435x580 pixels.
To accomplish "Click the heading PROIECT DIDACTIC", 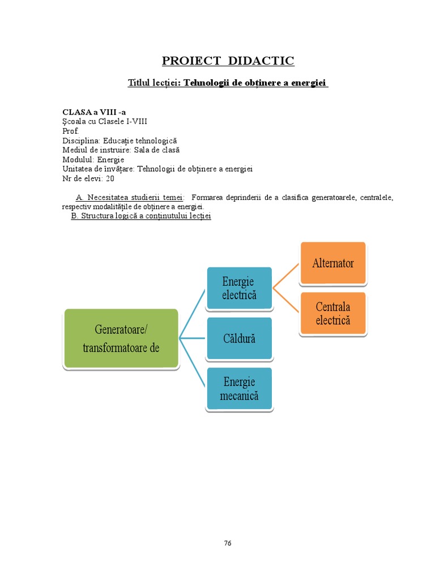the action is coord(228,61).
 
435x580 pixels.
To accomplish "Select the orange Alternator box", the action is coord(333,263).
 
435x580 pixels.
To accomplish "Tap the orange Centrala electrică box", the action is coord(333,313).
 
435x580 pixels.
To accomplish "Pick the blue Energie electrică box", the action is coord(239,288).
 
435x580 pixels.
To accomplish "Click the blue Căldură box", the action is coord(239,339).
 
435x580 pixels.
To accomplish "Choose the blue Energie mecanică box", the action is coord(239,389).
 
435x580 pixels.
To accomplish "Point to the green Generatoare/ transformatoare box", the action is coord(121,339).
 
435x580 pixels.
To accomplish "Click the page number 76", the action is coord(228,543).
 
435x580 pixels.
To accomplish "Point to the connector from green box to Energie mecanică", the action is coord(193,364).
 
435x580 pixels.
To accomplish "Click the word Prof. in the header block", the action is coord(71,131).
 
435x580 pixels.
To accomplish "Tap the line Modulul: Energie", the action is coord(93,160).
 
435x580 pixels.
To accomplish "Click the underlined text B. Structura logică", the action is coord(140,216).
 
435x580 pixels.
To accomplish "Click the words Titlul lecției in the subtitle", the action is coord(153,83).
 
